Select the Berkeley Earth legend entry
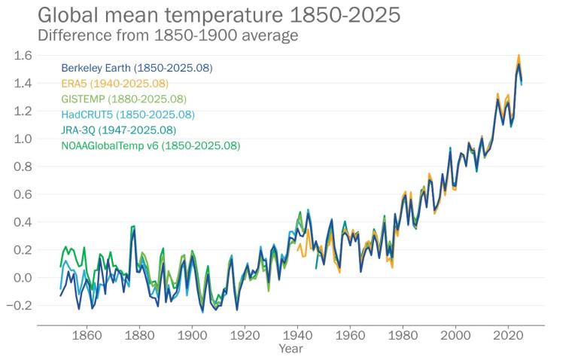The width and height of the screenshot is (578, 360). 137,68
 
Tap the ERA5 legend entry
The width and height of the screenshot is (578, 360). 115,84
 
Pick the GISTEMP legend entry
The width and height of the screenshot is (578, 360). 123,99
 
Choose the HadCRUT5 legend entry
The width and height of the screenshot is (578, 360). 128,114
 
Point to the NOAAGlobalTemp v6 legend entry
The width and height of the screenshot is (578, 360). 151,145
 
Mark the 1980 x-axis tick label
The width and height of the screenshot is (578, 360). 403,336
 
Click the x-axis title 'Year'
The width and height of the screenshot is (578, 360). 291,349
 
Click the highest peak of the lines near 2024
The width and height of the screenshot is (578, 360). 519,56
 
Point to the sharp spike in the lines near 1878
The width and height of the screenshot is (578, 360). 133,227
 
